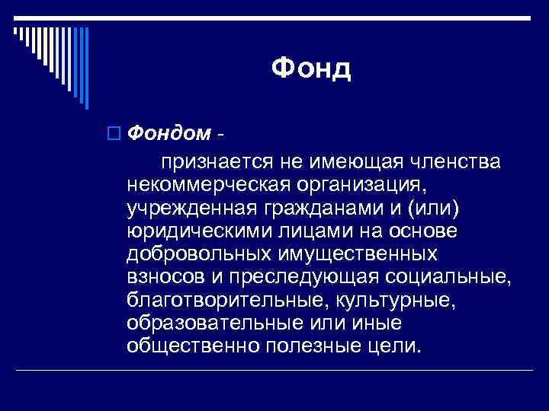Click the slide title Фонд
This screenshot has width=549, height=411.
point(311,69)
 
